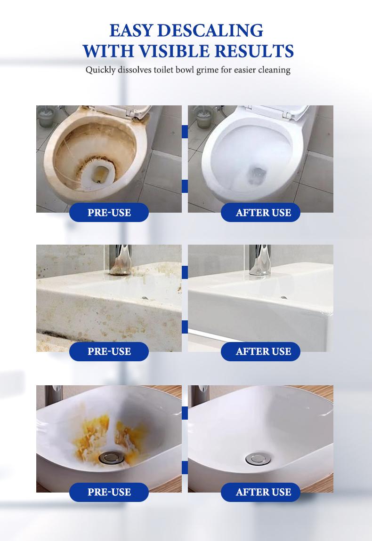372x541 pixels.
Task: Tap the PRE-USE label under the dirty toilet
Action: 109,213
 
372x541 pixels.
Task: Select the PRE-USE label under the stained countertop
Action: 109,351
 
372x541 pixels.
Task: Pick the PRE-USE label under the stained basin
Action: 109,492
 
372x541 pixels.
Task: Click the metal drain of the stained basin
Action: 109,457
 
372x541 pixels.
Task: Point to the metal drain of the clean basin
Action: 258,458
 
